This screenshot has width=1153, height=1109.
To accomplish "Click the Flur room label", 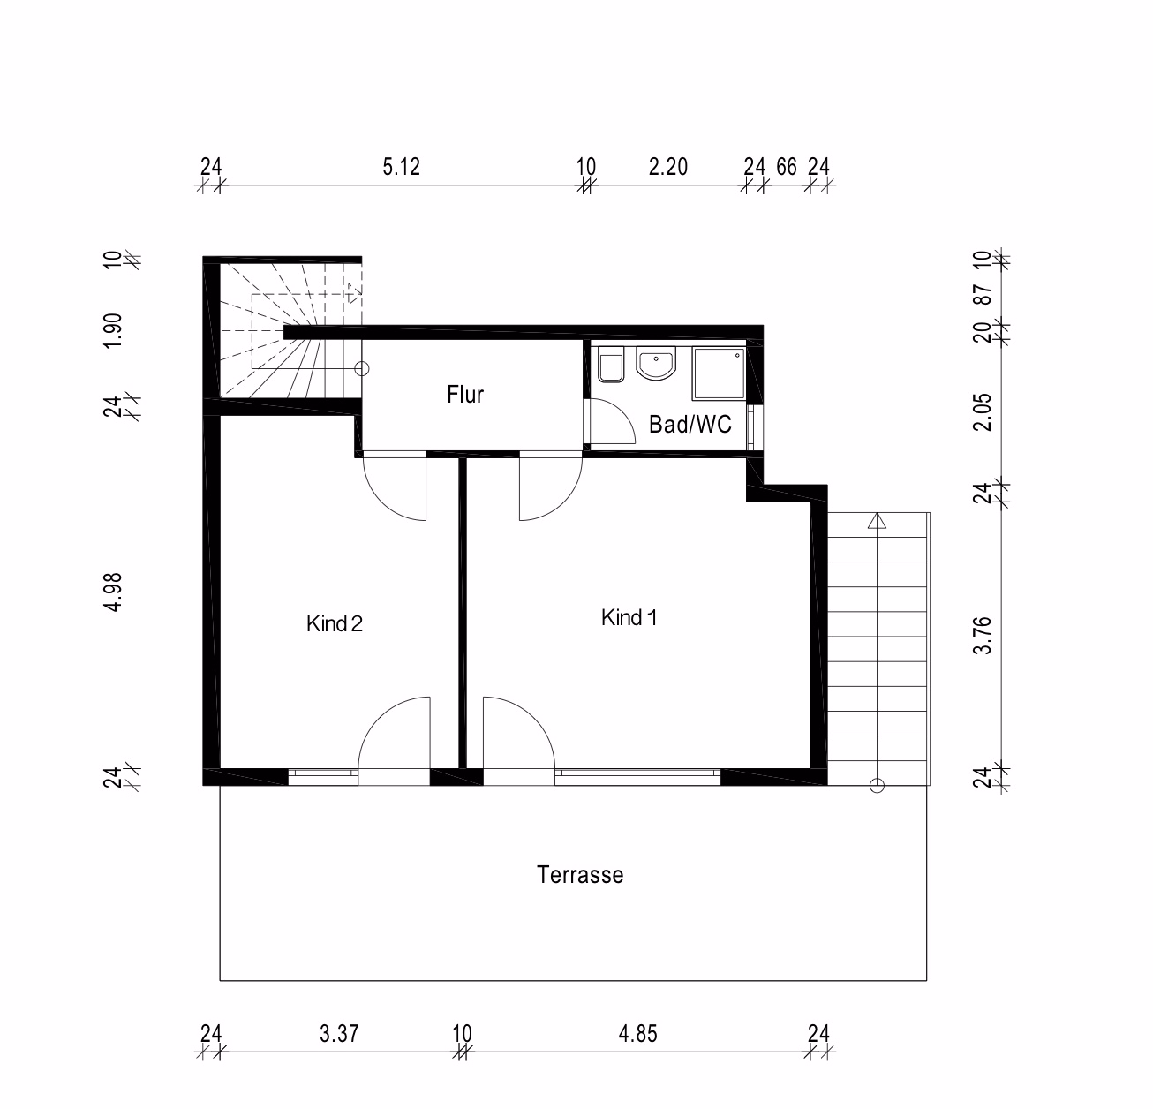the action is click(465, 395).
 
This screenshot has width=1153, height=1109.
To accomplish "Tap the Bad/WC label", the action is click(690, 425).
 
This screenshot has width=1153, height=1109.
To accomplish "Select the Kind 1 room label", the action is click(629, 617).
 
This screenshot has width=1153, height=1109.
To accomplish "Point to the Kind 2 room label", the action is click(335, 623).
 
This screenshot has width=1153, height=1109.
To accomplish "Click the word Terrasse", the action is click(580, 875).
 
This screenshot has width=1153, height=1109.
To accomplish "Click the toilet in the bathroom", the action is click(612, 365).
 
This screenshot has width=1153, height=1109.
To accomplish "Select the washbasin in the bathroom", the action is click(656, 363).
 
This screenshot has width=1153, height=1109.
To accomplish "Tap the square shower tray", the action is click(719, 373).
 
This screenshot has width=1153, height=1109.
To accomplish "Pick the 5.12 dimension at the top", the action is click(401, 167).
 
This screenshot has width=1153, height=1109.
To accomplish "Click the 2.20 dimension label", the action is click(667, 167).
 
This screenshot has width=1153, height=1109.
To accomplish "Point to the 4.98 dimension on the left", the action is click(113, 592).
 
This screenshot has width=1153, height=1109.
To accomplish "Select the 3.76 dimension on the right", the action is click(983, 636).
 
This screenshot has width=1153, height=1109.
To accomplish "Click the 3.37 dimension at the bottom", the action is click(339, 1034).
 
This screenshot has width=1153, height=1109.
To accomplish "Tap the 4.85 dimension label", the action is click(637, 1034).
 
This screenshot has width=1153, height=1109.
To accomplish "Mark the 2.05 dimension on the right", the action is click(983, 412).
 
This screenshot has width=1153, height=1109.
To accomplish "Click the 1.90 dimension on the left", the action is click(113, 331).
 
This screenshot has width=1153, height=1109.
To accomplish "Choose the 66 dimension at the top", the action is click(787, 167).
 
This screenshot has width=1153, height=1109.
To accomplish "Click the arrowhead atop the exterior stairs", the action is click(877, 520).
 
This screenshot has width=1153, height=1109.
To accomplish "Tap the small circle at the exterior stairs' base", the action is click(877, 786).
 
